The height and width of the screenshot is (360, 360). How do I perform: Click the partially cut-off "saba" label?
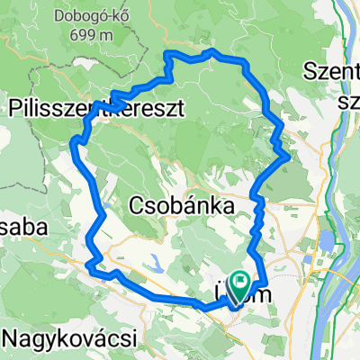pos(23,228)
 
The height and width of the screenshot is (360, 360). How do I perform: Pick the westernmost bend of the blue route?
pos(72,141)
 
